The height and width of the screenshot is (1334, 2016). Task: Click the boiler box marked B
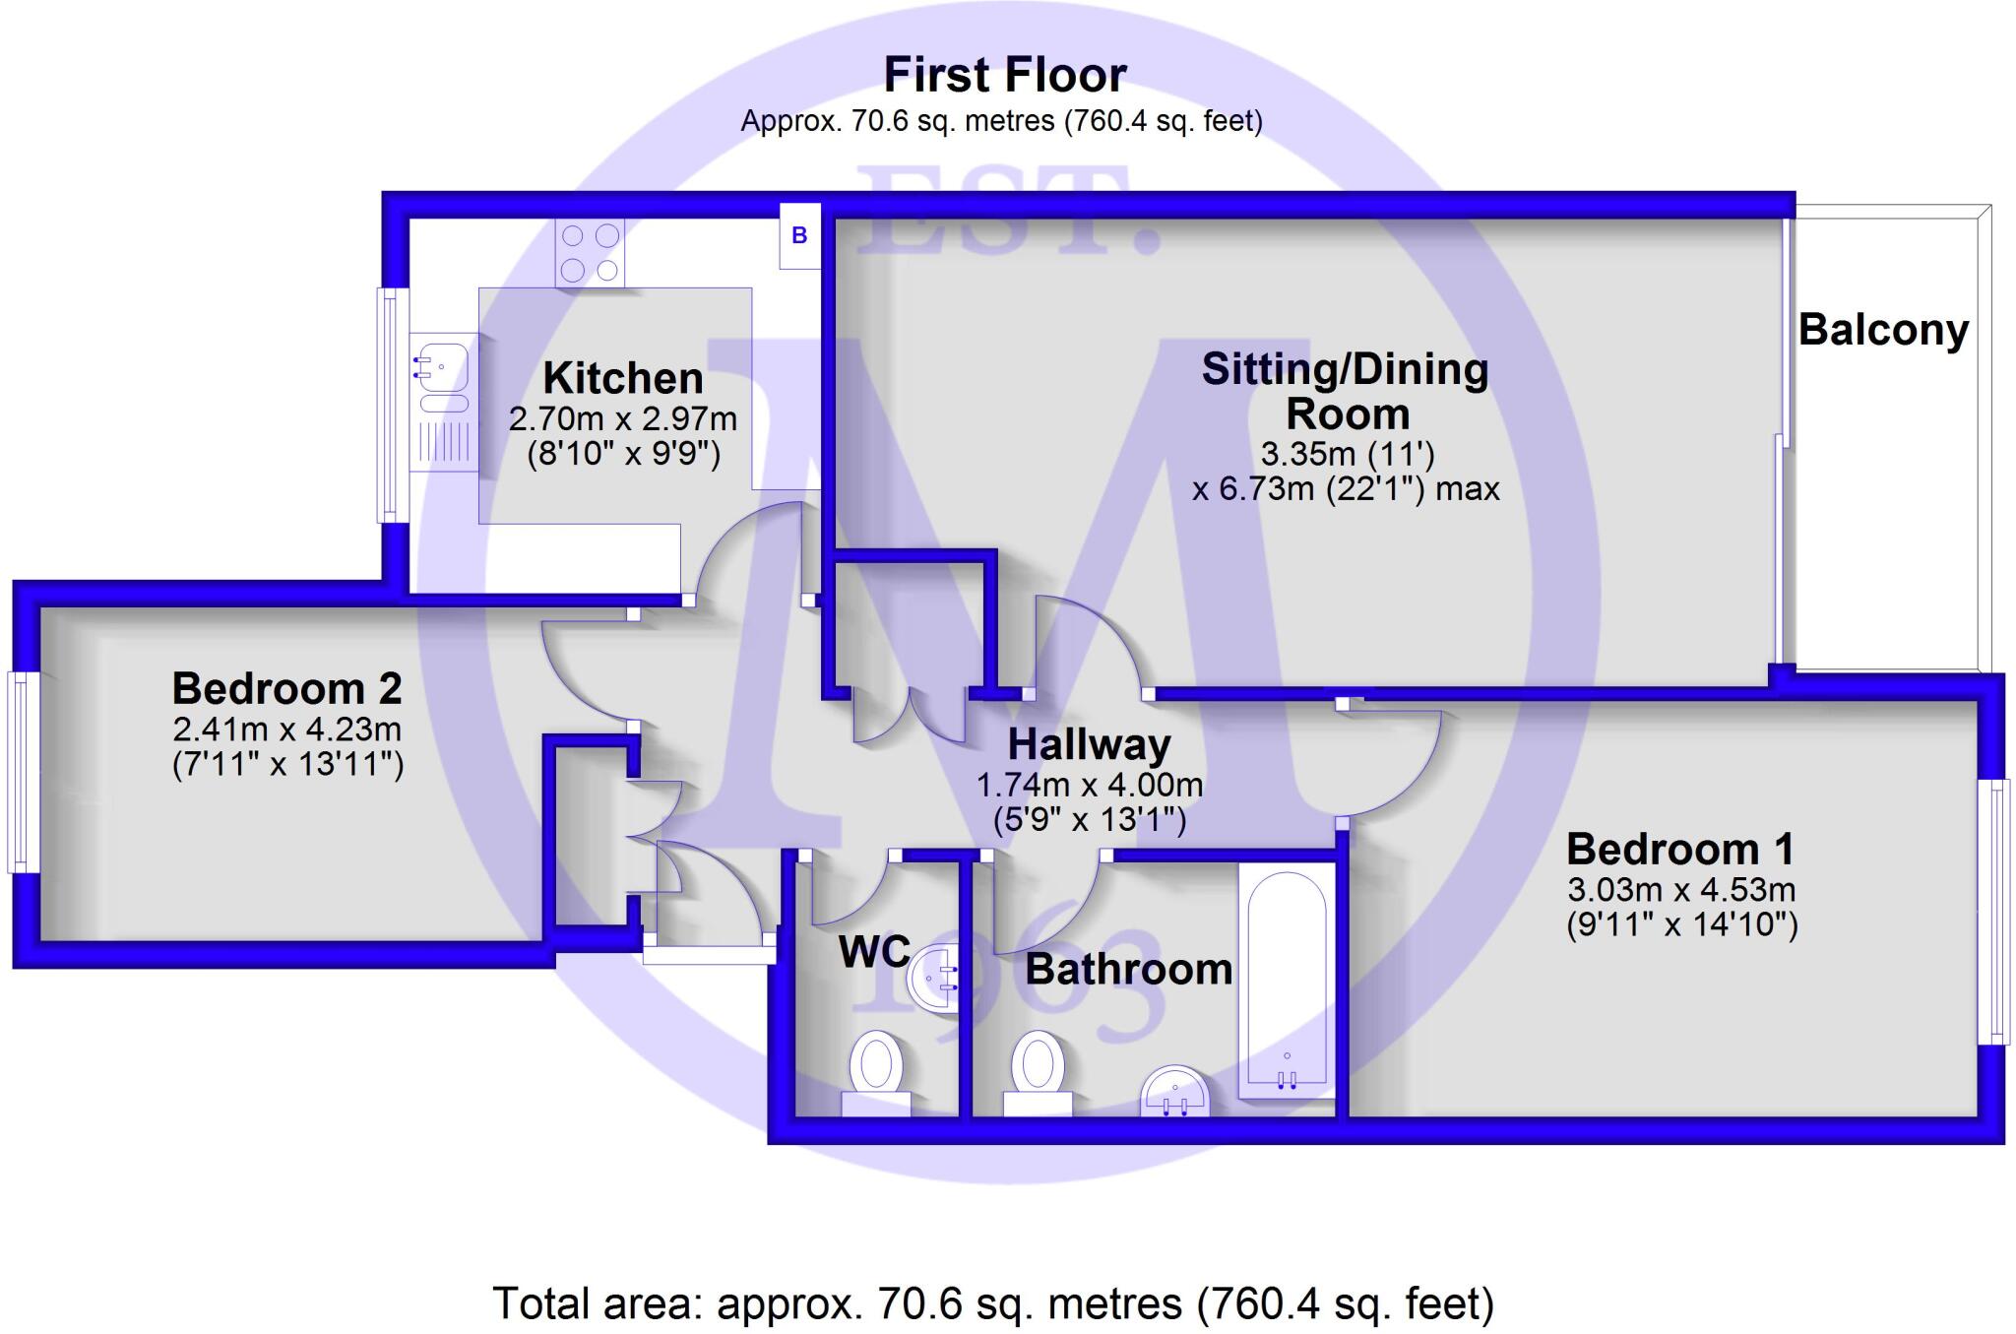pyautogui.click(x=799, y=235)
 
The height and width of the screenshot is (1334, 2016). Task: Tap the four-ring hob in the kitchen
pyautogui.click(x=590, y=253)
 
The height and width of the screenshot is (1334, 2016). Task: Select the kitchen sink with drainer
pyautogui.click(x=443, y=401)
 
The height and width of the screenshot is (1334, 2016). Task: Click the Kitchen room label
pyautogui.click(x=623, y=378)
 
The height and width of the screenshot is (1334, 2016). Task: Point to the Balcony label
pyautogui.click(x=1883, y=330)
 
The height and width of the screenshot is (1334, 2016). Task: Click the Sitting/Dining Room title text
pyautogui.click(x=1346, y=391)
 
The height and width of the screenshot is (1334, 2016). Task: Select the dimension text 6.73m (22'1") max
pyautogui.click(x=1346, y=488)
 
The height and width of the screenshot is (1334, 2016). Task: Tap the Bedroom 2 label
pyautogui.click(x=286, y=688)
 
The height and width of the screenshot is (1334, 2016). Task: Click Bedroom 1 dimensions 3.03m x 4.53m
pyautogui.click(x=1681, y=890)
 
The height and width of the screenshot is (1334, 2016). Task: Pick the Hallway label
pyautogui.click(x=1089, y=744)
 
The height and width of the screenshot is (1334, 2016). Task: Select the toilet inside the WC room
pyautogui.click(x=876, y=1072)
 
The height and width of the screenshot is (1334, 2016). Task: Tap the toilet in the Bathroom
pyautogui.click(x=1038, y=1072)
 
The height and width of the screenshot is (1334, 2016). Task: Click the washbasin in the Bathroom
pyautogui.click(x=1175, y=1093)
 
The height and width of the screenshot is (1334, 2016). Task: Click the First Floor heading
pyautogui.click(x=1005, y=75)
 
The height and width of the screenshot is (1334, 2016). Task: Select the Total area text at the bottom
pyautogui.click(x=993, y=1303)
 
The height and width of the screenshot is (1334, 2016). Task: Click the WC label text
pyautogui.click(x=874, y=951)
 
